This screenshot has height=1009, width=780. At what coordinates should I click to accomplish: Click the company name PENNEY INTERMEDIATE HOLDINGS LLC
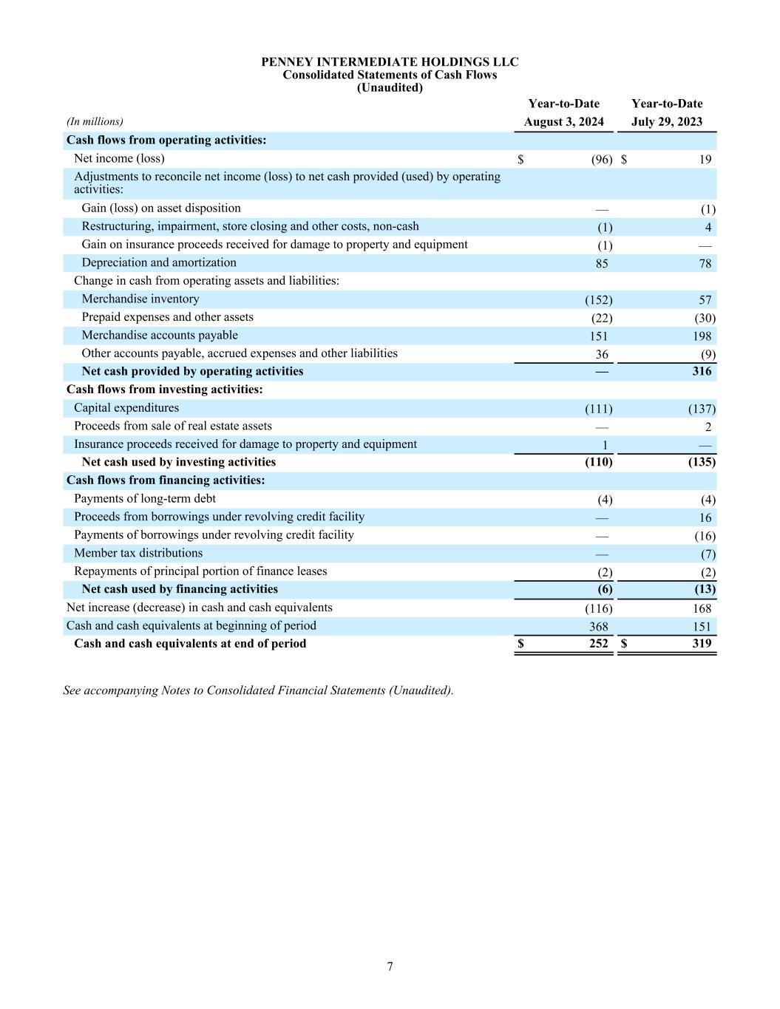tap(390, 62)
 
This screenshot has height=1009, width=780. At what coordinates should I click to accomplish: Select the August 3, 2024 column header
tap(563, 122)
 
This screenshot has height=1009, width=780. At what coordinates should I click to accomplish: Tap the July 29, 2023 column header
tap(667, 122)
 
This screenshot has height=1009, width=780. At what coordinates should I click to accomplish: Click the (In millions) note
tap(95, 122)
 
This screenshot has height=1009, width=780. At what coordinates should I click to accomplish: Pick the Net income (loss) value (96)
tap(602, 160)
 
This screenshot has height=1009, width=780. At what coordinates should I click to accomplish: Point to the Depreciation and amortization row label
tap(159, 263)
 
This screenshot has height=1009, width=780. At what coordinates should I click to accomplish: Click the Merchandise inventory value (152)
tap(598, 300)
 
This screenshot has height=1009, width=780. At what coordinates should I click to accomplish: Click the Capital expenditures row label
tap(126, 408)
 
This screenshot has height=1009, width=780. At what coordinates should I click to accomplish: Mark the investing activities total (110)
tap(598, 462)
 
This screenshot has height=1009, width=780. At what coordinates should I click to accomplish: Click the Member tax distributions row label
tap(138, 553)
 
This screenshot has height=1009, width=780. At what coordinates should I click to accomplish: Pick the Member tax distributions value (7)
tap(708, 554)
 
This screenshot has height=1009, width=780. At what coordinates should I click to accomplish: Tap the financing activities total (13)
tap(705, 589)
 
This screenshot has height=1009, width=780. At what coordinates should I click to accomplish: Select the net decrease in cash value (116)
tap(598, 608)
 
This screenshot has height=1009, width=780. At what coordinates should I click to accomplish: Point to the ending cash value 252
tap(598, 643)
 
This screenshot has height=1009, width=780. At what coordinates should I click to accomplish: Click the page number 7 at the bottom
tap(390, 967)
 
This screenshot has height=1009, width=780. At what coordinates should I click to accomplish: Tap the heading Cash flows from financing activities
tap(166, 480)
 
